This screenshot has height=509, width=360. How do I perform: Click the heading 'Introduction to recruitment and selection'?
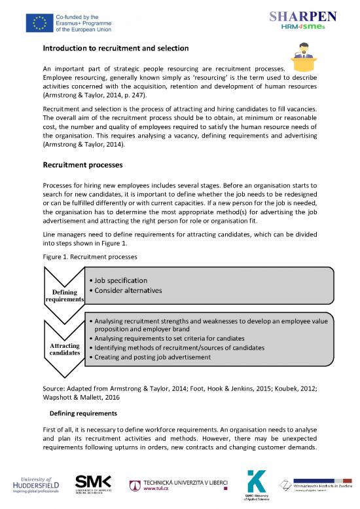[x=115, y=49]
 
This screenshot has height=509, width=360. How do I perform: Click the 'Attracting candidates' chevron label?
[x=65, y=349]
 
